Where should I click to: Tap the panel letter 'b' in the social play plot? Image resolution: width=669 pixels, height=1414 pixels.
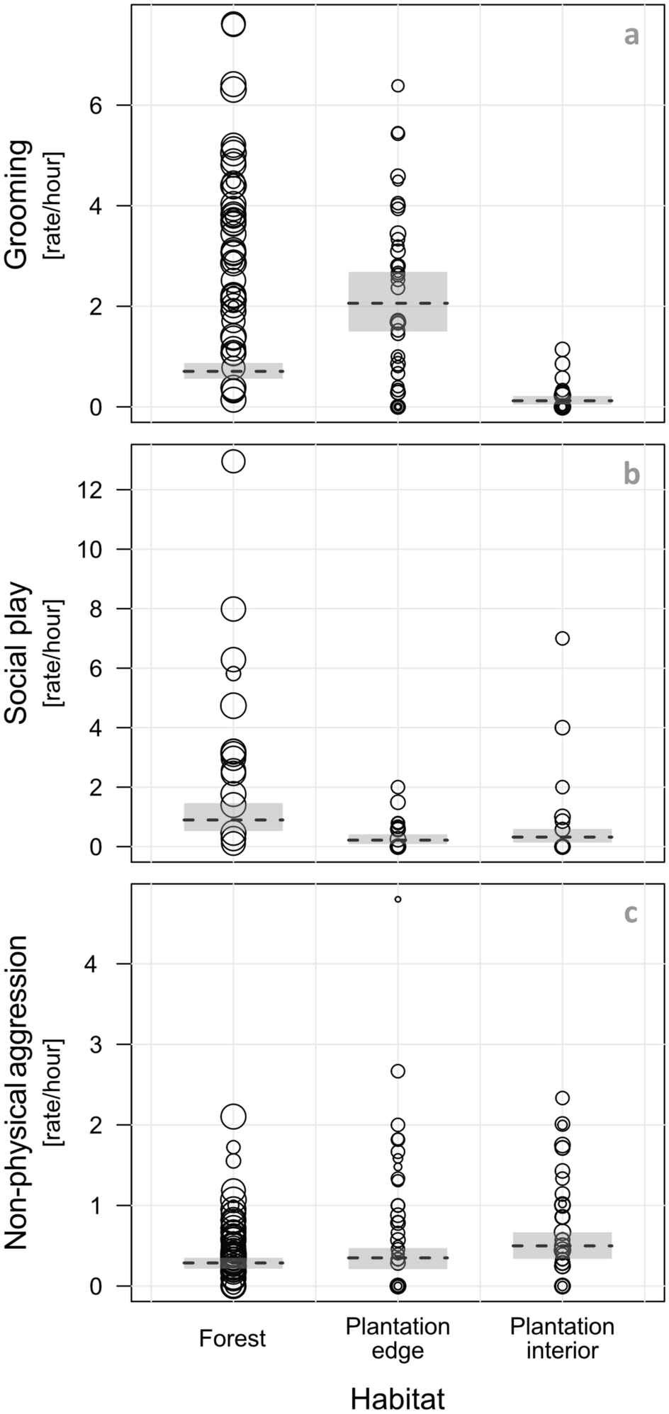631,474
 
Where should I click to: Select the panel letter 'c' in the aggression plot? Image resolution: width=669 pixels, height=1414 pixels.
630,914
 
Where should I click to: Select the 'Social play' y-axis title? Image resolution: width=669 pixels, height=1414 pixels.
17,652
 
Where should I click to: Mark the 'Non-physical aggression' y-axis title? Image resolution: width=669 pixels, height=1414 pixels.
17,1091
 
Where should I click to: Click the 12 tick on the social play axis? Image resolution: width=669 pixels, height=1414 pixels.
99,490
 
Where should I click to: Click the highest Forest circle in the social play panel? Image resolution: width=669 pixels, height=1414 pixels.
233,462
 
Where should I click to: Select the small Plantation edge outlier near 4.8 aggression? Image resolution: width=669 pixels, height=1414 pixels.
398,899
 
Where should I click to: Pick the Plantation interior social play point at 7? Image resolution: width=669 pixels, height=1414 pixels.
562,638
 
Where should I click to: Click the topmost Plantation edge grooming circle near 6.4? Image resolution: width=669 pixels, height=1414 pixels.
398,86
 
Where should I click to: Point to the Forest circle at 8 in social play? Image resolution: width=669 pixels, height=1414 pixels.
233,609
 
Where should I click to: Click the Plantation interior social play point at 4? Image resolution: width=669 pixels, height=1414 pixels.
562,728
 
